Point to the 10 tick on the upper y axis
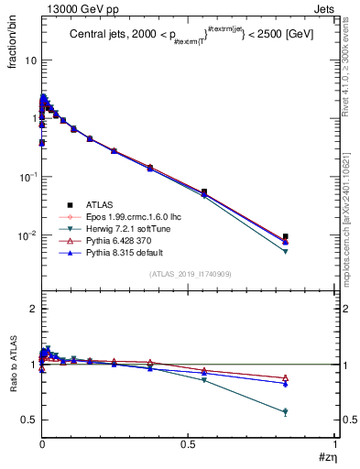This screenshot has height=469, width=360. (x=29, y=60)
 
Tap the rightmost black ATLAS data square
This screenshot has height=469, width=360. (x=311, y=236)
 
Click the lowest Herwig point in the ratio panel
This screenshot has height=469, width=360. (x=311, y=412)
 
